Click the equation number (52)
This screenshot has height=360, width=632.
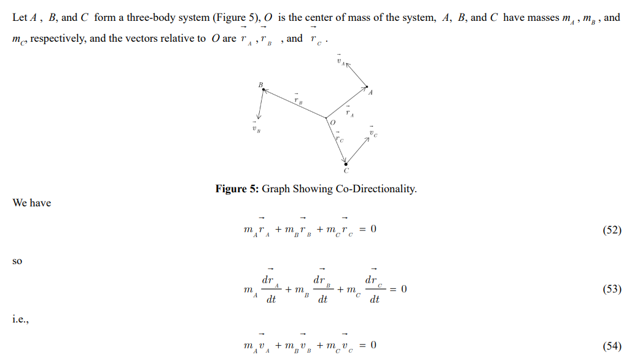pyautogui.click(x=611, y=230)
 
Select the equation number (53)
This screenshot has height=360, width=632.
pyautogui.click(x=611, y=289)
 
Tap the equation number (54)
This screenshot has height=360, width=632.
pyautogui.click(x=611, y=346)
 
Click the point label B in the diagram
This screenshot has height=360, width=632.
pyautogui.click(x=260, y=84)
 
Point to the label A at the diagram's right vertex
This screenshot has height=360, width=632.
pyautogui.click(x=370, y=92)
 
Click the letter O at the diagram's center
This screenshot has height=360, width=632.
pyautogui.click(x=332, y=123)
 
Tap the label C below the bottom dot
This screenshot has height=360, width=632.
pyautogui.click(x=346, y=170)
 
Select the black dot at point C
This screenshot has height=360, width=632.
pyautogui.click(x=346, y=163)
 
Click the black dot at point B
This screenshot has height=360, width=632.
pyautogui.click(x=264, y=90)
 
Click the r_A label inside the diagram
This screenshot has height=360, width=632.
pyautogui.click(x=349, y=112)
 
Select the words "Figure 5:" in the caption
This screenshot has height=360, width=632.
pyautogui.click(x=237, y=189)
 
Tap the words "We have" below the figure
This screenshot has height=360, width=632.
pyautogui.click(x=32, y=203)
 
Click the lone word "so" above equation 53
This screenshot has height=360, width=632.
pyautogui.click(x=17, y=260)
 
